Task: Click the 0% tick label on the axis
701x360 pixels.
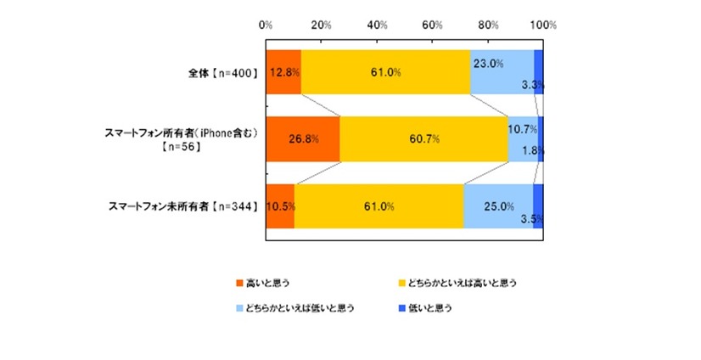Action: [266, 25]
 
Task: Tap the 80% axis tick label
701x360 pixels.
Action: [487, 25]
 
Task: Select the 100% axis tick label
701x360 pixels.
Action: [542, 25]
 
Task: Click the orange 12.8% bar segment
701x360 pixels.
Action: [283, 72]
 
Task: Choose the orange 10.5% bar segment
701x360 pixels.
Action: [280, 206]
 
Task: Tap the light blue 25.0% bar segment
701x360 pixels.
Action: [498, 206]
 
